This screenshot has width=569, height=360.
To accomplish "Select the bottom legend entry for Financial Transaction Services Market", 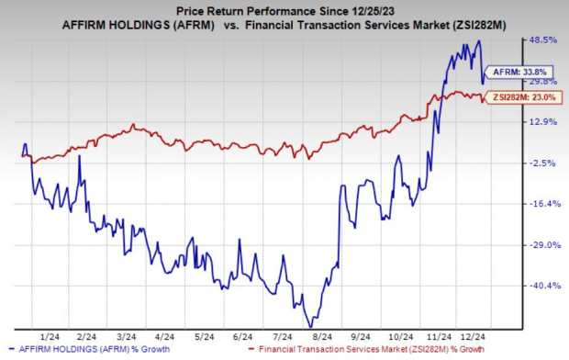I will (x=368, y=351).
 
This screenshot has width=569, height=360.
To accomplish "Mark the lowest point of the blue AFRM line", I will (x=310, y=326).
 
